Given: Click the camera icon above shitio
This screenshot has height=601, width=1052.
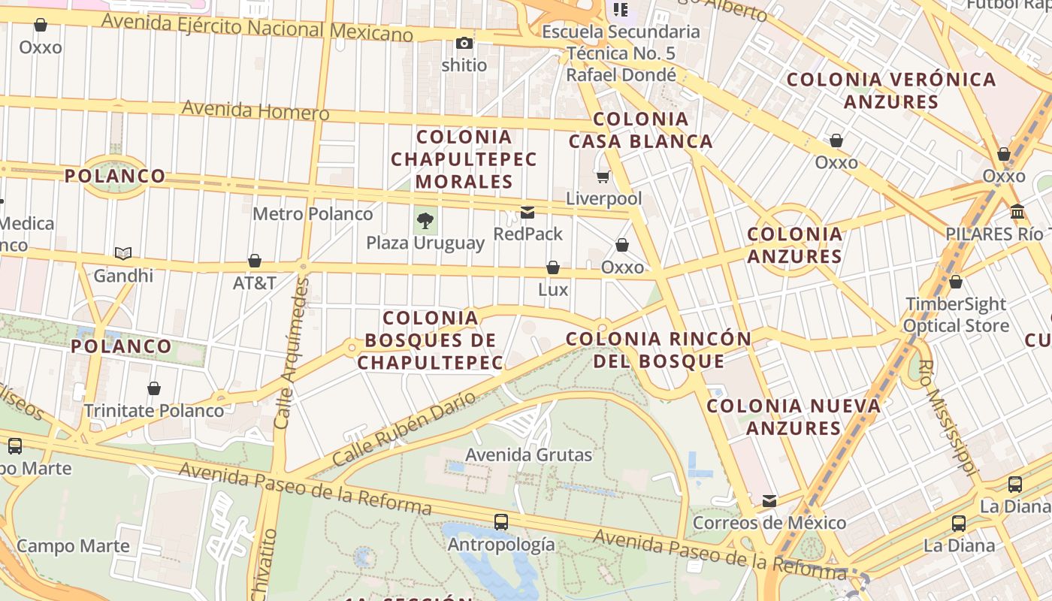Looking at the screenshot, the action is pos(464,43).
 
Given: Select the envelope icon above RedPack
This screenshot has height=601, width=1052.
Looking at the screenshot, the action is pos(528,213).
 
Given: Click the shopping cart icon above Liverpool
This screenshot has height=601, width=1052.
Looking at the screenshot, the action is pos(603,177).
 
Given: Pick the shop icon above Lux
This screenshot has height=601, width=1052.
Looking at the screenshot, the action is pos(553,267).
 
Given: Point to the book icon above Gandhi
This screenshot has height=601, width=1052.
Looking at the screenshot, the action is pos(123,254).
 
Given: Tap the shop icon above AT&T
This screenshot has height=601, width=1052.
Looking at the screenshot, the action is pos(255,261).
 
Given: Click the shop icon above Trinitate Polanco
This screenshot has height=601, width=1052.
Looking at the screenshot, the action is pos(154,388).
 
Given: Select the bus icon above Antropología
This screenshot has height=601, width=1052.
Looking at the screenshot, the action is pos(500,521).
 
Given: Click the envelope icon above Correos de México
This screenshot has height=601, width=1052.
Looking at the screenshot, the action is pos(769,500).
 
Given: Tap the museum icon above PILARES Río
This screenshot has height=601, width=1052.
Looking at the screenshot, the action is pos(1017,211).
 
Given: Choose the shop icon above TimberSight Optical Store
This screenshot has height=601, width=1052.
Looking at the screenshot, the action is pos(955,282).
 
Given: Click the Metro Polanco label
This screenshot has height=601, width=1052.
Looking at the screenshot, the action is pos(313,214).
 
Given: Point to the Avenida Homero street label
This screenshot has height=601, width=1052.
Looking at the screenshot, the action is pos(255,110).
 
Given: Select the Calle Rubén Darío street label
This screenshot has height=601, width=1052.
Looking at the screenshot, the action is pos(404,428).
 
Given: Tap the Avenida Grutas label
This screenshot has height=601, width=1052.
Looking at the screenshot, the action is pos(529,455).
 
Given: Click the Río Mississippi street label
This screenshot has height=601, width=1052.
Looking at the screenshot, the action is pos(948,418).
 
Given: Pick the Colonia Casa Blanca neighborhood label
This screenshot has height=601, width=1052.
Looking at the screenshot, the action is pos(640,130).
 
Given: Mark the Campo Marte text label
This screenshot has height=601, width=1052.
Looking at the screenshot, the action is pos(73,546).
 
